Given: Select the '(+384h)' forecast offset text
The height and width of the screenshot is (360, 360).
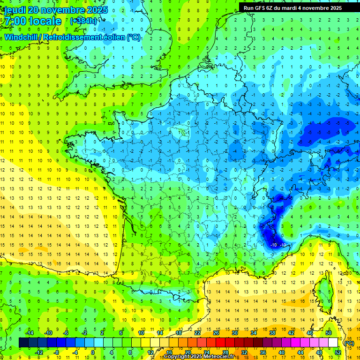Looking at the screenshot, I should [x=83, y=21].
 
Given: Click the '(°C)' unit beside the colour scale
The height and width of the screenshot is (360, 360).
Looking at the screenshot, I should [x=349, y=343].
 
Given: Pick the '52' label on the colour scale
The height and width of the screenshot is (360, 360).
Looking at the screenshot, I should [x=338, y=352].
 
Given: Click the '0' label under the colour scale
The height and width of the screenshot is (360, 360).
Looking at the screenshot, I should [x=93, y=352].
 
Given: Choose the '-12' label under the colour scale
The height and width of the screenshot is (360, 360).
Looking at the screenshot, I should [x=39, y=352].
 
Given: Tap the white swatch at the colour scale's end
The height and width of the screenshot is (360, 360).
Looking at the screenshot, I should [x=333, y=343].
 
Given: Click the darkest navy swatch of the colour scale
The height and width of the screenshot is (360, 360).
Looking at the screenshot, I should [x=23, y=343].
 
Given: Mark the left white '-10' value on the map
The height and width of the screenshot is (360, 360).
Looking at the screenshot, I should [x=273, y=245].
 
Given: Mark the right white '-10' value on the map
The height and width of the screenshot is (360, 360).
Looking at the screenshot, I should [x=283, y=245].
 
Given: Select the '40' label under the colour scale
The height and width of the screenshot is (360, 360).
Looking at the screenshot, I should [x=282, y=352].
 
